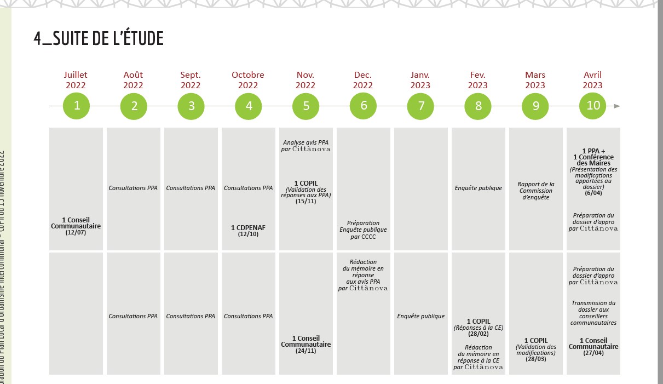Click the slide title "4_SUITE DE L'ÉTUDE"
click(99, 39)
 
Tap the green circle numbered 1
click(77, 106)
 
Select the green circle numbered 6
click(364, 106)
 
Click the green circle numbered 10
click(593, 106)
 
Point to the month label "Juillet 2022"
click(76, 80)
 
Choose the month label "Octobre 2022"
click(248, 80)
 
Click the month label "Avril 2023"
click(592, 80)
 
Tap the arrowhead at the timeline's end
click(617, 106)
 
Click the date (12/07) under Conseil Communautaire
click(76, 233)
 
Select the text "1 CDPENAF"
click(248, 227)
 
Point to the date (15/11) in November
click(305, 202)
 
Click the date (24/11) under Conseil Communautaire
click(305, 351)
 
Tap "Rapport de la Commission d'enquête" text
click(535, 191)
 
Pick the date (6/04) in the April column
click(593, 193)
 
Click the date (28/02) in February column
click(478, 334)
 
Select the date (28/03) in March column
click(535, 359)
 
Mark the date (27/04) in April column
click(593, 353)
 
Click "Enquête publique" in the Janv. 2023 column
click(420, 316)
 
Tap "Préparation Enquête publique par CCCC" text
click(363, 230)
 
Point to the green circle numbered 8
click(478, 106)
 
